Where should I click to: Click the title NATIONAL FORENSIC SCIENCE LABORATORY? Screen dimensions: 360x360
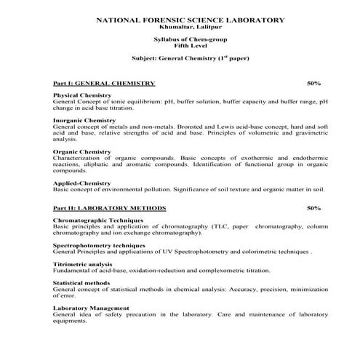pyautogui.click(x=180, y=20)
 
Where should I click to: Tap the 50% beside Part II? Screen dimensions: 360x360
pyautogui.click(x=314, y=208)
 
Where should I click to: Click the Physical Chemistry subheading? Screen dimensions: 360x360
pyautogui.click(x=82, y=95)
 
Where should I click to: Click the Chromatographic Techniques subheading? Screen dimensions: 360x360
pyautogui.click(x=98, y=220)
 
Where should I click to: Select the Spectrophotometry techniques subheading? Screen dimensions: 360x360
pyautogui.click(x=100, y=245)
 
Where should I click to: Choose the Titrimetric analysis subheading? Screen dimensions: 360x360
pyautogui.click(x=83, y=264)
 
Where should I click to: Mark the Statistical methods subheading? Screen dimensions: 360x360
pyautogui.click(x=81, y=283)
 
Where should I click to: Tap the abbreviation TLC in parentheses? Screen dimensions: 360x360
pyautogui.click(x=222, y=226)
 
